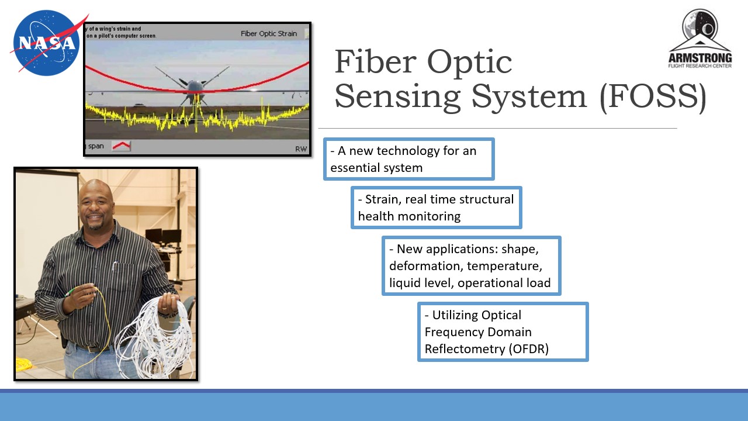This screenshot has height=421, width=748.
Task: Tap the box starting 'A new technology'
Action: [409, 159]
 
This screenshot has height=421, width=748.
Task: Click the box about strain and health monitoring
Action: [436, 208]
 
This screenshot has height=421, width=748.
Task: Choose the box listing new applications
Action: [471, 266]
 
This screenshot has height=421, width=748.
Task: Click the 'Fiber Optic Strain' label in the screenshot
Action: [269, 33]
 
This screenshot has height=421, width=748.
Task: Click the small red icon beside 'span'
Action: [122, 146]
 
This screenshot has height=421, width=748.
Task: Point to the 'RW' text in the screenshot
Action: [300, 149]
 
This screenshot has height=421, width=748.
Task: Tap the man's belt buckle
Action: [93, 349]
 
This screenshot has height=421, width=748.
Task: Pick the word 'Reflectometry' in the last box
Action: [462, 349]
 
